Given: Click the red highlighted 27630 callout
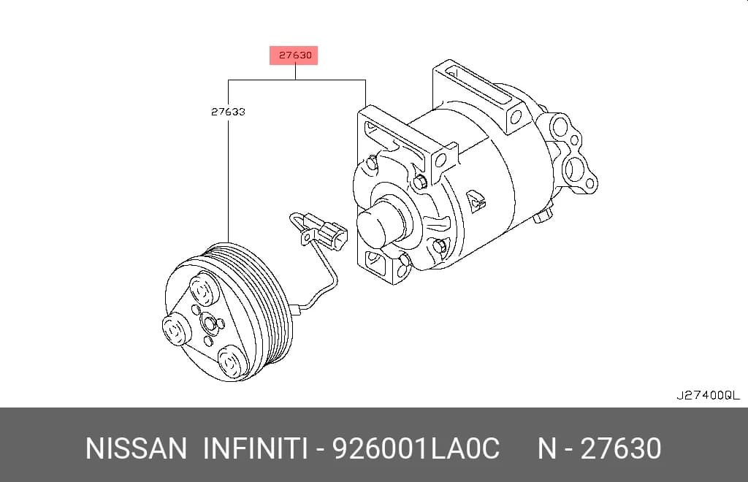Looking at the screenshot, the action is (x=294, y=56).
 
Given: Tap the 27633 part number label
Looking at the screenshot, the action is (x=228, y=112).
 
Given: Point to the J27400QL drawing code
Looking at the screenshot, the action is (x=708, y=395).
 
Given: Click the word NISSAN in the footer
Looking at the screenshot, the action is (x=136, y=448).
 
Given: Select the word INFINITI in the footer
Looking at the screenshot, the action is (x=255, y=448).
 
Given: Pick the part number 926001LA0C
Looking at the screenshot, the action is (x=416, y=448).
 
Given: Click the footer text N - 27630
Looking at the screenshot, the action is (x=600, y=448).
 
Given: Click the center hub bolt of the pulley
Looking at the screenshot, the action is (x=210, y=324).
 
